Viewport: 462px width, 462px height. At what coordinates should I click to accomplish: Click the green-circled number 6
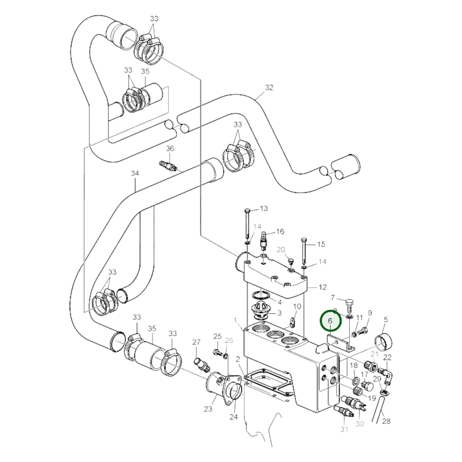pyautogui.click(x=330, y=321)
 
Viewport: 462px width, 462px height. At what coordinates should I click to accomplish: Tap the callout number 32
pyautogui.click(x=269, y=88)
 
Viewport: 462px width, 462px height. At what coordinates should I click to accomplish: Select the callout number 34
pyautogui.click(x=135, y=173)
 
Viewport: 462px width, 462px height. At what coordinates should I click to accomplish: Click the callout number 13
pyautogui.click(x=264, y=208)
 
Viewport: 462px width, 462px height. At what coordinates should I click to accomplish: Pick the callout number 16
pyautogui.click(x=280, y=231)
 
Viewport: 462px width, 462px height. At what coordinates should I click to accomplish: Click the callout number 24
pyautogui.click(x=233, y=417)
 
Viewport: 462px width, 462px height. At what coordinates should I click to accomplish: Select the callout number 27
pyautogui.click(x=196, y=342)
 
